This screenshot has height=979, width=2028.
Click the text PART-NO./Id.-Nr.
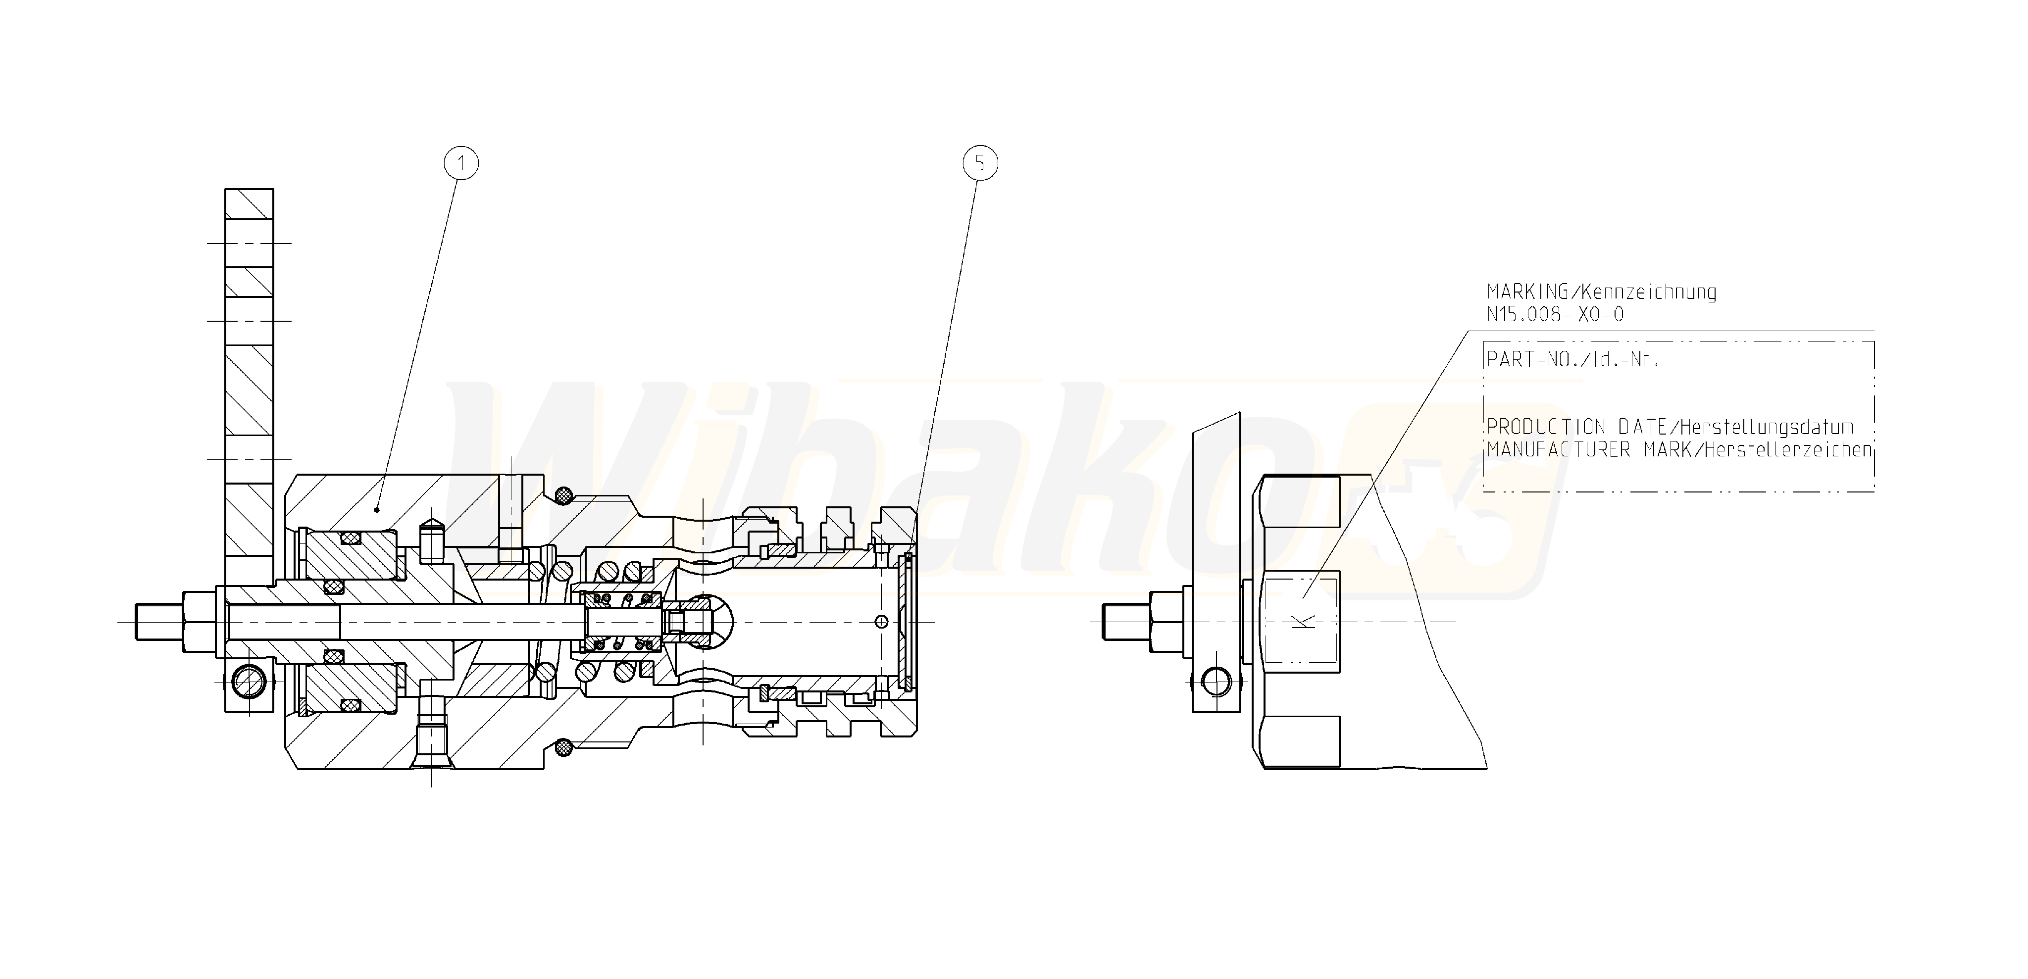(x=1572, y=360)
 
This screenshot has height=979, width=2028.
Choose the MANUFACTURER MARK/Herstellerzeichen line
(x=1678, y=450)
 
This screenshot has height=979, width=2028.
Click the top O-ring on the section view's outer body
(x=563, y=496)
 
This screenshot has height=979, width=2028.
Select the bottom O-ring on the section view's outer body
(x=563, y=746)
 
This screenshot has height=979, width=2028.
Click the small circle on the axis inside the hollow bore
(x=882, y=622)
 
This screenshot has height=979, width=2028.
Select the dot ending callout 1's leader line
(x=378, y=509)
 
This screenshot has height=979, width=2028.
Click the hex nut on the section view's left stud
(x=199, y=622)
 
